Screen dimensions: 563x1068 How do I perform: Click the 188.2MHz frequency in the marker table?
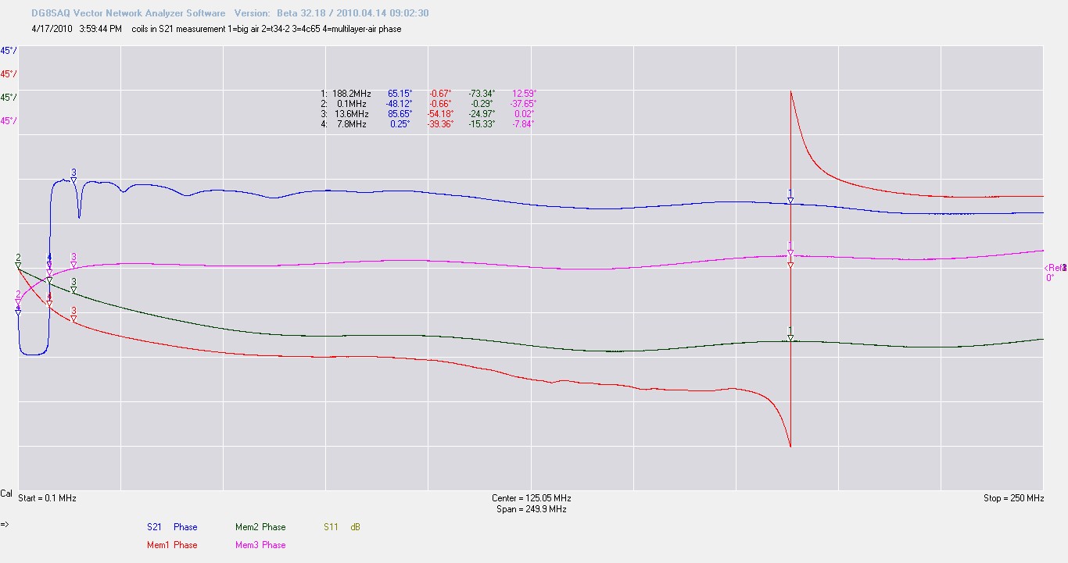pos(351,94)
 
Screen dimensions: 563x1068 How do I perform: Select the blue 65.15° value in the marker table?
pos(400,94)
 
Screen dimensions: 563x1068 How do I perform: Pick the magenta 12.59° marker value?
pos(524,94)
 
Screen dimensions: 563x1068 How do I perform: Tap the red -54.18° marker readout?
pos(441,114)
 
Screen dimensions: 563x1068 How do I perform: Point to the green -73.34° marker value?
pos(482,94)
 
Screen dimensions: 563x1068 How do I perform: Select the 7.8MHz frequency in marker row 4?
pos(355,124)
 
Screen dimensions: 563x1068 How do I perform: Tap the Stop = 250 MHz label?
pos(1013,498)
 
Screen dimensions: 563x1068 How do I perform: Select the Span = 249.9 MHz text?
pos(531,509)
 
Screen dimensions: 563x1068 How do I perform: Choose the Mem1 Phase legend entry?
pos(172,545)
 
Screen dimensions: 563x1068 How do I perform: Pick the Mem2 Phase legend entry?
pos(260,527)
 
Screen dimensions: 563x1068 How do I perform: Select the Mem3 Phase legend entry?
pos(260,545)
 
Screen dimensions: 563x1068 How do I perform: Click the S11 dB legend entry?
pos(342,527)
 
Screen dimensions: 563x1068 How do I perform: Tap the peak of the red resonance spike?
pos(791,92)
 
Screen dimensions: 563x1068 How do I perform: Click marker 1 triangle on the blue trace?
pos(790,201)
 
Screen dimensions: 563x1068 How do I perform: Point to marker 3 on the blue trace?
pos(73,180)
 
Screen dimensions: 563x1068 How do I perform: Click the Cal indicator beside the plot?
pos(6,494)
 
